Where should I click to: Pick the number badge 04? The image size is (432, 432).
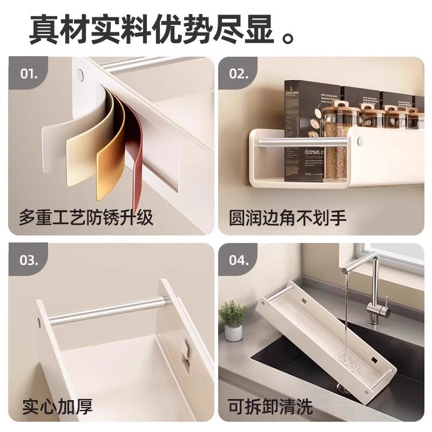pyautogui.click(x=238, y=261)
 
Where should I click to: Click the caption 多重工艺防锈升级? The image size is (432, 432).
pyautogui.click(x=86, y=218)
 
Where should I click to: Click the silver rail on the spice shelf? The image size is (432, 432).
pyautogui.click(x=302, y=141)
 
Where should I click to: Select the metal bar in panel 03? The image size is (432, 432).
pyautogui.click(x=108, y=311)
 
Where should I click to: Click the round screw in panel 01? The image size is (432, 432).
pyautogui.click(x=80, y=75)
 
